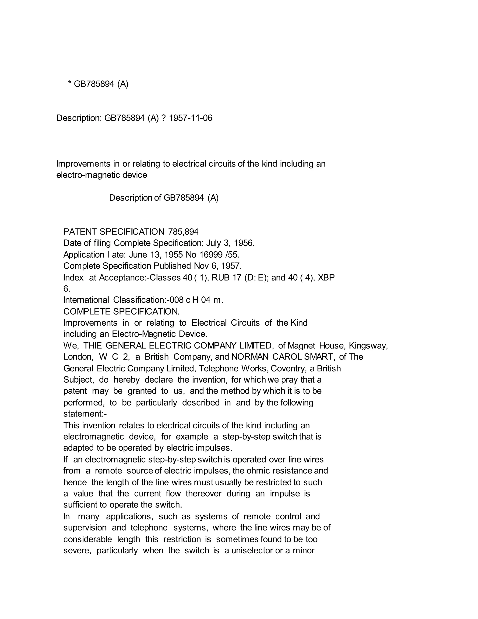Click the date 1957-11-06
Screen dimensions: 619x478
(x=190, y=118)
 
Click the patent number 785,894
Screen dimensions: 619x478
(x=183, y=232)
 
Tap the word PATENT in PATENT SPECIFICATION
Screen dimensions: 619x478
(x=80, y=232)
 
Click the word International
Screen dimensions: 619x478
(x=86, y=300)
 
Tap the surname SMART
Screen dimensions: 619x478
(x=319, y=357)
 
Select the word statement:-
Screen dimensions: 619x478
(x=85, y=414)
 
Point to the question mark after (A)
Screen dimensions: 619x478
(x=163, y=118)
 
